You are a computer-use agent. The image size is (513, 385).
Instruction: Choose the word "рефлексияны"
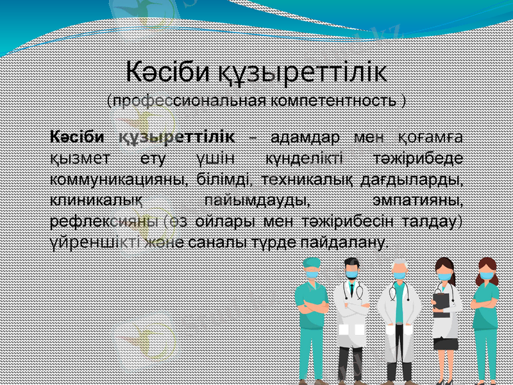[104, 222]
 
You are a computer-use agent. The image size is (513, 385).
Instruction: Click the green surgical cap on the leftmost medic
[311, 262]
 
